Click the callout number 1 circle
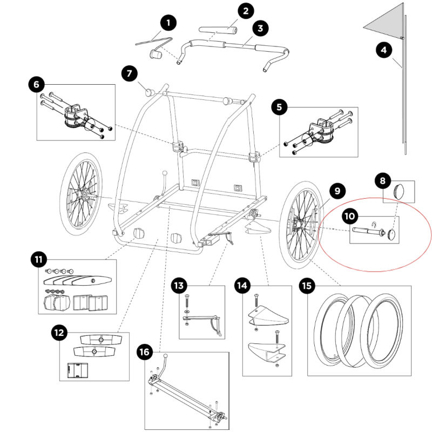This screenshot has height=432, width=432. point(168,23)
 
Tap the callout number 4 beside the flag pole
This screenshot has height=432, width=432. point(384,50)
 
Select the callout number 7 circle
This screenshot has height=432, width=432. point(129,73)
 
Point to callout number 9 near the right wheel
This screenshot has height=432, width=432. point(337,191)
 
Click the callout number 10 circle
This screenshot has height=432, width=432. point(350,216)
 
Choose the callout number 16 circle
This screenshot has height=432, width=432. point(145,352)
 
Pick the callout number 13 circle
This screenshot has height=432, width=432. point(179,286)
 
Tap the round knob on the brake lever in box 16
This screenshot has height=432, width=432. point(166,356)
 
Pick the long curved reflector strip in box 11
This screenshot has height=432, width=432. point(78,280)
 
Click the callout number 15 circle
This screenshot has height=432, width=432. point(307,286)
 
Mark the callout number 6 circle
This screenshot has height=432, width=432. point(37,84)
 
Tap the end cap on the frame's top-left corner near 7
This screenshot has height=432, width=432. point(150,92)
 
